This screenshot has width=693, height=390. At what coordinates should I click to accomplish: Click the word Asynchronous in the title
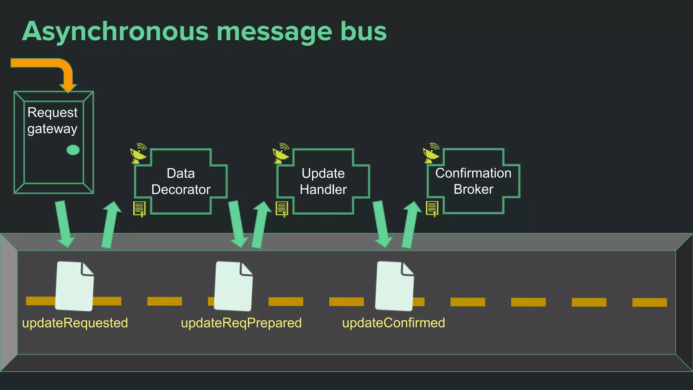tap(115, 31)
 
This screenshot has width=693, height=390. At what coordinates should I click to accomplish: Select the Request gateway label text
tap(52, 121)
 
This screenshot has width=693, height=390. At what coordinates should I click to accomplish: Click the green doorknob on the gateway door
tap(73, 150)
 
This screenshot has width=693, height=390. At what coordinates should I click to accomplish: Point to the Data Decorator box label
tap(181, 181)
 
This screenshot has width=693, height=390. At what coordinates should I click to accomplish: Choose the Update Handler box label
tap(323, 181)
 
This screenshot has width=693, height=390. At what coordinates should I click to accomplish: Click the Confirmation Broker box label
tap(473, 181)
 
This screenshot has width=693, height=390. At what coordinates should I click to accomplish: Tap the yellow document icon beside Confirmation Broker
tap(432, 209)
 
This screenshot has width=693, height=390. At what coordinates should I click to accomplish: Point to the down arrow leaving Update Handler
tap(381, 223)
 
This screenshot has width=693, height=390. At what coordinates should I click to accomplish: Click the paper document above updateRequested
tap(74, 286)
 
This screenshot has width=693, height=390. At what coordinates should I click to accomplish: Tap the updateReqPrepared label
tap(241, 323)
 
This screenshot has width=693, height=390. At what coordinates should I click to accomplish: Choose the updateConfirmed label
tap(394, 323)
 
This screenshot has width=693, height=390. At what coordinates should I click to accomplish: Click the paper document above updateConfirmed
tap(395, 286)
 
